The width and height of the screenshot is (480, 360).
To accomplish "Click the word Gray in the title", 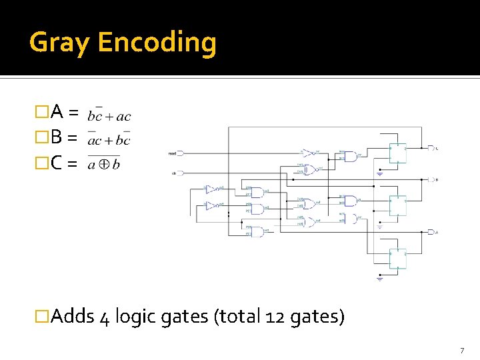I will point(60,43).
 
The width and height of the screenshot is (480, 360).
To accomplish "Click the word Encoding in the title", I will point(157,43).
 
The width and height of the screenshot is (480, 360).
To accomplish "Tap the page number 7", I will point(461,351).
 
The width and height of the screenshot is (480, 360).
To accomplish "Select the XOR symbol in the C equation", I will point(104,165).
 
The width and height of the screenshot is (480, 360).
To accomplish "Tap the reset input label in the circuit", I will point(172,153).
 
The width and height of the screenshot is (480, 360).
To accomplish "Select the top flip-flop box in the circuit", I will point(398,153).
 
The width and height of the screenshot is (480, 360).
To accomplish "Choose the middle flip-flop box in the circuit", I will point(398,205).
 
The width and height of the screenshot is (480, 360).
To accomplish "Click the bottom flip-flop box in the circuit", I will point(398,258).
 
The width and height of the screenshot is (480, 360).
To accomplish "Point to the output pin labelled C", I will point(433,148).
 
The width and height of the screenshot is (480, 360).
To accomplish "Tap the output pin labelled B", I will point(433,180).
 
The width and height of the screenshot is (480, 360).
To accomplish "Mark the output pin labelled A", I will point(433,232).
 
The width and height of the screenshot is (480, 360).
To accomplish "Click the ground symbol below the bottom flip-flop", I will point(380,279).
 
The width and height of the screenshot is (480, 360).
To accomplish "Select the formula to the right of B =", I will point(109,139).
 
